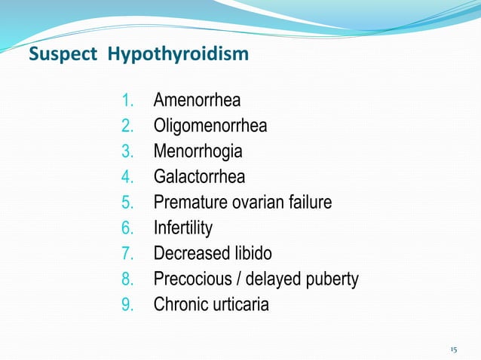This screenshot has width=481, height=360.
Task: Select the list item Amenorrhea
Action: click(x=197, y=99)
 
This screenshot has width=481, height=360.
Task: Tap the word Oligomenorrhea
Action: click(x=210, y=125)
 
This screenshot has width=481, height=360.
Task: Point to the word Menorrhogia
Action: click(x=198, y=151)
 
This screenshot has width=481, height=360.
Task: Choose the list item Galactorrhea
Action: click(x=199, y=176)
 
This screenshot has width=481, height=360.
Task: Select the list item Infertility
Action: click(x=183, y=227)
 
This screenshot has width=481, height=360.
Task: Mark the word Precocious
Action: click(x=188, y=279)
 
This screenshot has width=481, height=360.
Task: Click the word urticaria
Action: click(x=240, y=305)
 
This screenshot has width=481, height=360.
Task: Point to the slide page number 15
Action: click(x=453, y=349)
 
